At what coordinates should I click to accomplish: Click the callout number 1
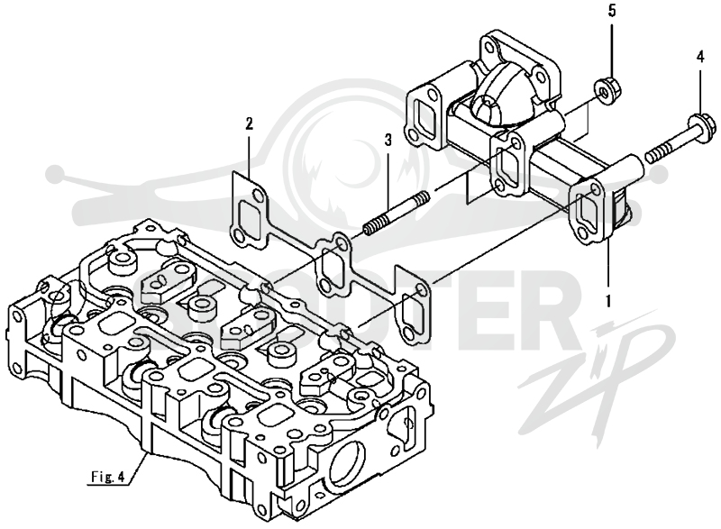pos(608,301)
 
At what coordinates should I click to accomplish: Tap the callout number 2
pos(249,123)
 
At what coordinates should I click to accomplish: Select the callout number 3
pos(388,140)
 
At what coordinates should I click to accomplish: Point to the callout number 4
pos(700,57)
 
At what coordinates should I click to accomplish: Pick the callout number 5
pos(612,11)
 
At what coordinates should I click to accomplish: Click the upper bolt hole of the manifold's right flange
pos(595,189)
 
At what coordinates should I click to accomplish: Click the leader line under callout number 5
pos(611,49)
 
